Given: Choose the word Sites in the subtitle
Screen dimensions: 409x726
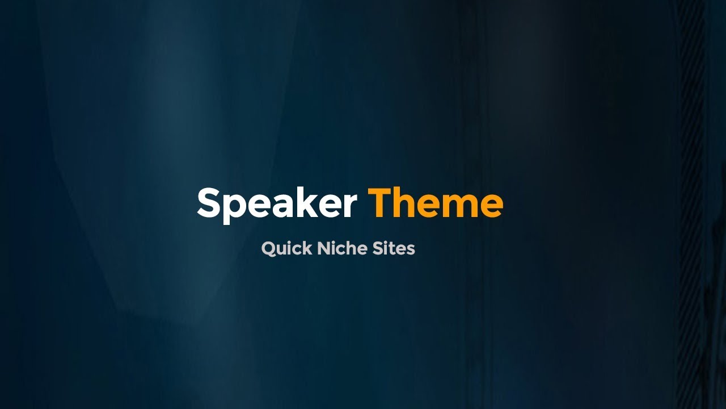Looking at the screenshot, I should coord(394,248).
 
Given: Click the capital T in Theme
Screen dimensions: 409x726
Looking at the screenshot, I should coord(381,203).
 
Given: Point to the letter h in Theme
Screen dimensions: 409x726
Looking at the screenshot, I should coord(407,203).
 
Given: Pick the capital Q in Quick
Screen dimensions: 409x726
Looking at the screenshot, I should coord(269,248).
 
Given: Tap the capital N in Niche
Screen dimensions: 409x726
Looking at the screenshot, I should coord(323,248).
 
